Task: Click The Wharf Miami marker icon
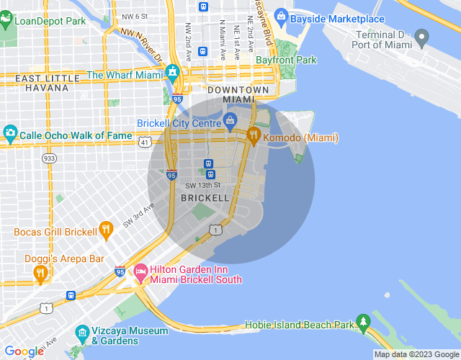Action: pos(173,73)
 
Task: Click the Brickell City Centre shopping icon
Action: pos(230,120)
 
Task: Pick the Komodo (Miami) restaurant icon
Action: pos(254,135)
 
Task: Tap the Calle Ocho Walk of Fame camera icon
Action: pos(10,134)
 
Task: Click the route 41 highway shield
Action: pos(146,142)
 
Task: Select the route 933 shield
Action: pos(49,158)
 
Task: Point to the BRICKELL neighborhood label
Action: pos(205,197)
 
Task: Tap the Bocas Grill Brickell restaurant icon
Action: pos(107,231)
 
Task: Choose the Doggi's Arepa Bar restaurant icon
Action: pos(40,273)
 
